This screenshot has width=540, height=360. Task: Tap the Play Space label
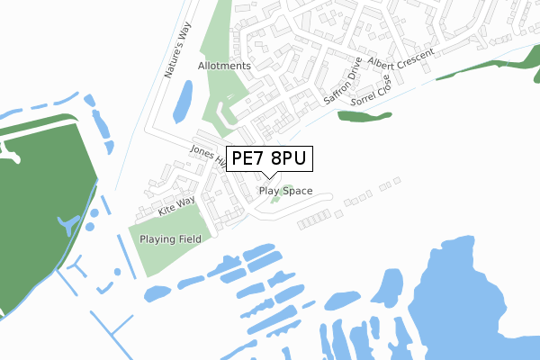[285, 191]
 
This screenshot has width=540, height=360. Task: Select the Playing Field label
[170, 239]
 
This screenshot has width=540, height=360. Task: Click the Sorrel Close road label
[372, 88]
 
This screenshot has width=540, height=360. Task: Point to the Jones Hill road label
[205, 155]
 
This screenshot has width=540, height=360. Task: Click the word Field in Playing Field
[188, 239]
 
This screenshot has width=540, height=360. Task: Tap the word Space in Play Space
[298, 191]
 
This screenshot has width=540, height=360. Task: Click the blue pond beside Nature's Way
[181, 101]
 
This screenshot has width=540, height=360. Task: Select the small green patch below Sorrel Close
[364, 115]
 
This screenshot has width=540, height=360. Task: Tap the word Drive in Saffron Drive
[353, 71]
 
